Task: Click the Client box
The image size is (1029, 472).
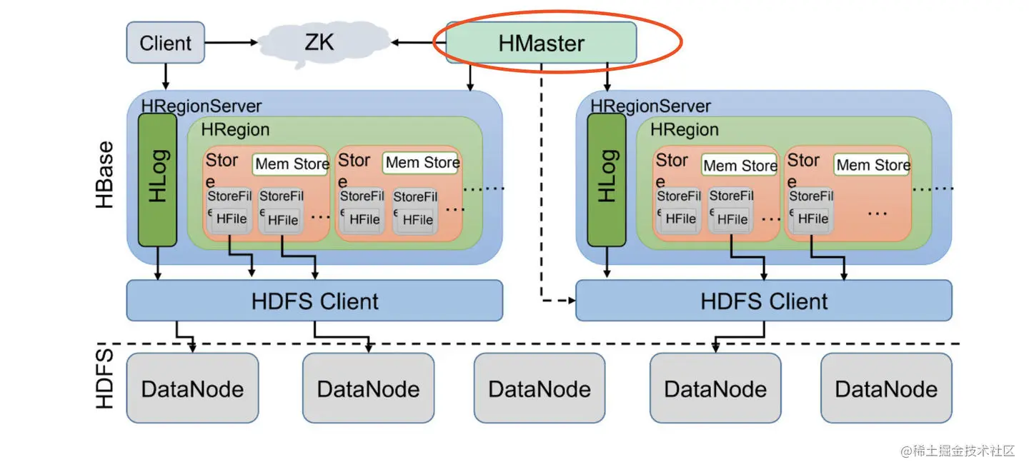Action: [x=165, y=42]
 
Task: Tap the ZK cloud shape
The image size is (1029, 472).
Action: [x=319, y=43]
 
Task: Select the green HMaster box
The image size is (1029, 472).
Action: [x=541, y=43]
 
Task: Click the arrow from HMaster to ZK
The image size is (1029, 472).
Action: [x=418, y=43]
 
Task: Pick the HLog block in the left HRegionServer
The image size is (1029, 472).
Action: [x=157, y=179]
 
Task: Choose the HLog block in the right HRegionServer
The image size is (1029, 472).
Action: [x=606, y=179]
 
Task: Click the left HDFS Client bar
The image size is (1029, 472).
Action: [x=314, y=301]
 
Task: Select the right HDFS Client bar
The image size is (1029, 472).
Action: [x=764, y=301]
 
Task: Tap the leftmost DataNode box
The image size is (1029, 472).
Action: [x=192, y=388]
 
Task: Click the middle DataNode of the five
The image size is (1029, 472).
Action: [x=540, y=388]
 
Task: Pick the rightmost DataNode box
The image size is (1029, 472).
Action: [x=886, y=388]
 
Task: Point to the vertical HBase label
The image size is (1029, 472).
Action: [x=105, y=175]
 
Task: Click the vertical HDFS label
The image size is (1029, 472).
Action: [x=105, y=378]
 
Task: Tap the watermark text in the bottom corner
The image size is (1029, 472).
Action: [x=958, y=451]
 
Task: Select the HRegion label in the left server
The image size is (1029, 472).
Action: [x=235, y=130]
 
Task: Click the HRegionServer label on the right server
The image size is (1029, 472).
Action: [x=650, y=106]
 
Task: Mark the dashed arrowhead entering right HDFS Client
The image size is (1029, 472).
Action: [x=572, y=301]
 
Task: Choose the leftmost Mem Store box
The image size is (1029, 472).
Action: [x=291, y=164]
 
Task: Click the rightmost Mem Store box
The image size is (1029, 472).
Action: [x=873, y=165]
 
